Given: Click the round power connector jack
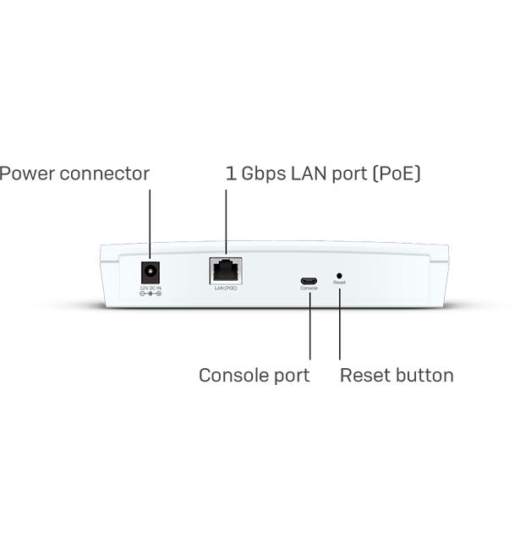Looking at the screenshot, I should [x=151, y=272].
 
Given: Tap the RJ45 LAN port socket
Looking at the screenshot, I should [x=226, y=271].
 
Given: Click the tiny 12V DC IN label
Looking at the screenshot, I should [x=151, y=289].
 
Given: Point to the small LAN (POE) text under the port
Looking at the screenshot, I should [x=226, y=289].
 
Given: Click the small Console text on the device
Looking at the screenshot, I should [x=309, y=289].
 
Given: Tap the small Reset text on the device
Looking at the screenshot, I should [x=340, y=283].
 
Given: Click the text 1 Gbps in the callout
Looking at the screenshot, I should [x=255, y=173].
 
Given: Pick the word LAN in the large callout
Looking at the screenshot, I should [x=310, y=173].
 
